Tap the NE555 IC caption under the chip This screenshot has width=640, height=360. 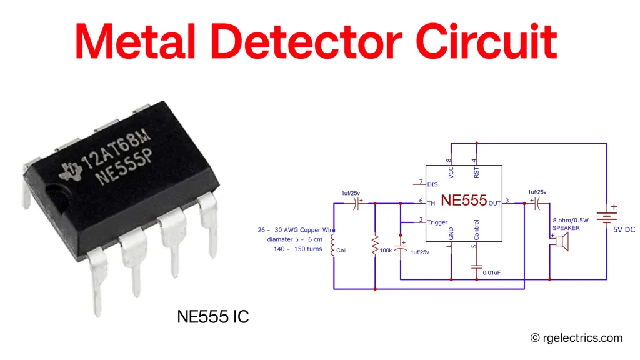click(x=212, y=317)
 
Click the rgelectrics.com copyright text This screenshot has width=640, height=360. click(x=576, y=337)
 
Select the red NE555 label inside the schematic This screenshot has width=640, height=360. click(x=463, y=201)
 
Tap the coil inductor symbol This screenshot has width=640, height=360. click(x=332, y=246)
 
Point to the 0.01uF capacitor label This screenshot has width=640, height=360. click(x=493, y=272)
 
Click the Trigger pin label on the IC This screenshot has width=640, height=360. click(x=437, y=222)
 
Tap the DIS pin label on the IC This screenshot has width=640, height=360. click(x=432, y=184)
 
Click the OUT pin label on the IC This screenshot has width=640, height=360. click(x=495, y=203)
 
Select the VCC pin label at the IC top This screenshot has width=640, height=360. click(x=451, y=171)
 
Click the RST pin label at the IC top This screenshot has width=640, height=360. click(x=476, y=171)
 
